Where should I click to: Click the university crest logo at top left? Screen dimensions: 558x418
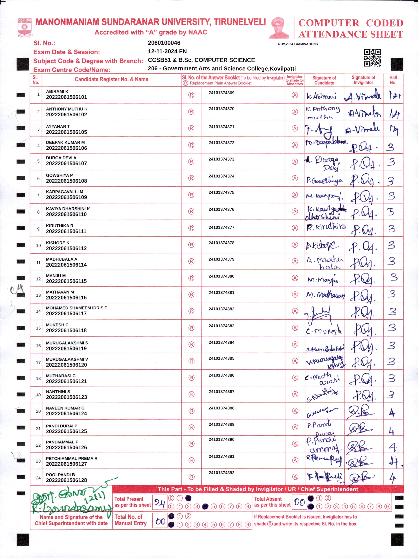pyautogui.click(x=25, y=27)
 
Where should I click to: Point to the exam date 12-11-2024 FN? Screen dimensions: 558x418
pyautogui.click(x=167, y=51)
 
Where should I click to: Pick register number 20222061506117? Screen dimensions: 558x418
pyautogui.click(x=66, y=314)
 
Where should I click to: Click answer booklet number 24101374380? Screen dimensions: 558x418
pyautogui.click(x=221, y=276)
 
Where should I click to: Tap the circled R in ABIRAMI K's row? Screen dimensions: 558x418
pyautogui.click(x=191, y=95)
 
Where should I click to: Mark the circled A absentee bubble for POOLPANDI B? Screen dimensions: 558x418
pyautogui.click(x=295, y=477)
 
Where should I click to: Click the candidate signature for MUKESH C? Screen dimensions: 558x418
pyautogui.click(x=324, y=330)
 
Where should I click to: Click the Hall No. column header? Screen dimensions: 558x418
pyautogui.click(x=393, y=80)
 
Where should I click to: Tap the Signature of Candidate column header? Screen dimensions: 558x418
pyautogui.click(x=324, y=80)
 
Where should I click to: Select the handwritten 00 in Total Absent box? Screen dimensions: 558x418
pyautogui.click(x=299, y=502)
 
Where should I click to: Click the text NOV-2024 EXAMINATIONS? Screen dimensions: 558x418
pyautogui.click(x=298, y=44)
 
